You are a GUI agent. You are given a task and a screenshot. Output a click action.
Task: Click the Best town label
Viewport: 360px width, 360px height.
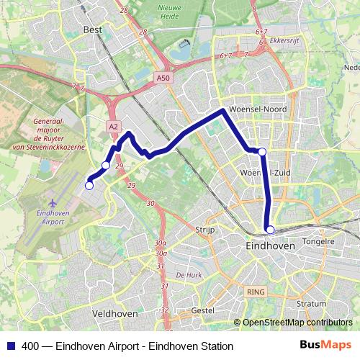(94, 30)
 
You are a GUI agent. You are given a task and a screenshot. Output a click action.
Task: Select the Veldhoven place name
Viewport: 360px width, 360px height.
(115, 315)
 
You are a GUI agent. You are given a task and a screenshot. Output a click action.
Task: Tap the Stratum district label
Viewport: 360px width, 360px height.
(311, 304)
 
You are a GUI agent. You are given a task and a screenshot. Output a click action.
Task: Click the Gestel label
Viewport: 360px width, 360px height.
(204, 310)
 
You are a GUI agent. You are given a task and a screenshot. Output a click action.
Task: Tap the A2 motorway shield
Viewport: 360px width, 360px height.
(114, 126)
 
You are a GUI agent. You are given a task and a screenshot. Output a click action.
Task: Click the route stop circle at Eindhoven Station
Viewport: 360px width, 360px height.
(270, 230)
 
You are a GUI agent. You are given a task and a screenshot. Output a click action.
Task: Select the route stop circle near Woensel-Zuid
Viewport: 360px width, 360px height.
(262, 151)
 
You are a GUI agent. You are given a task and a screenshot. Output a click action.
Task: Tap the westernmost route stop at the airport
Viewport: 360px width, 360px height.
(89, 186)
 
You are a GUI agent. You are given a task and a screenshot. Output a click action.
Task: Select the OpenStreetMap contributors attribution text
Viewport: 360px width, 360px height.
(297, 323)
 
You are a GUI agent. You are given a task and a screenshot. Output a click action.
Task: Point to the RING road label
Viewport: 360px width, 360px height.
(255, 292)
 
